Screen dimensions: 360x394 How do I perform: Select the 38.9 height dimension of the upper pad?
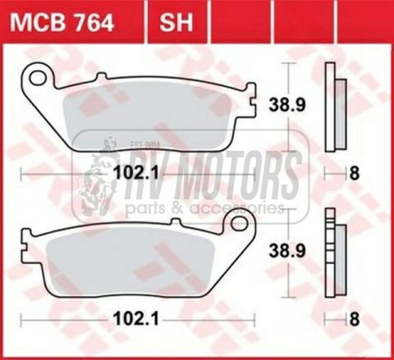click(x=286, y=103)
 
